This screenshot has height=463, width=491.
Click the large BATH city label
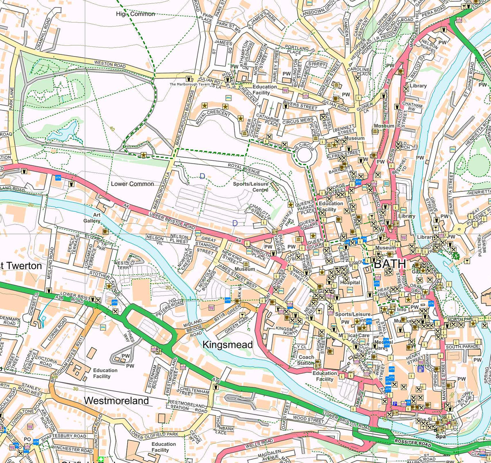point(390,263)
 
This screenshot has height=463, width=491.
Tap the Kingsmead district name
point(227,345)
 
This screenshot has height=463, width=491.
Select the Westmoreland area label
point(116,400)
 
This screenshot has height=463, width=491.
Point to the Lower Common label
point(132,184)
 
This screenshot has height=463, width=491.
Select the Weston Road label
point(110,65)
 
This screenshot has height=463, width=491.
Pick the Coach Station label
point(306,360)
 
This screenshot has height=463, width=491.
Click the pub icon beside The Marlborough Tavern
point(189,78)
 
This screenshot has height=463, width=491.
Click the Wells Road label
point(259,443)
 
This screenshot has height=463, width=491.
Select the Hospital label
point(350,282)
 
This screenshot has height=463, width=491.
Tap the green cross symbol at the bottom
point(101,459)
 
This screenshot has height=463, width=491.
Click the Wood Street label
point(308,419)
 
